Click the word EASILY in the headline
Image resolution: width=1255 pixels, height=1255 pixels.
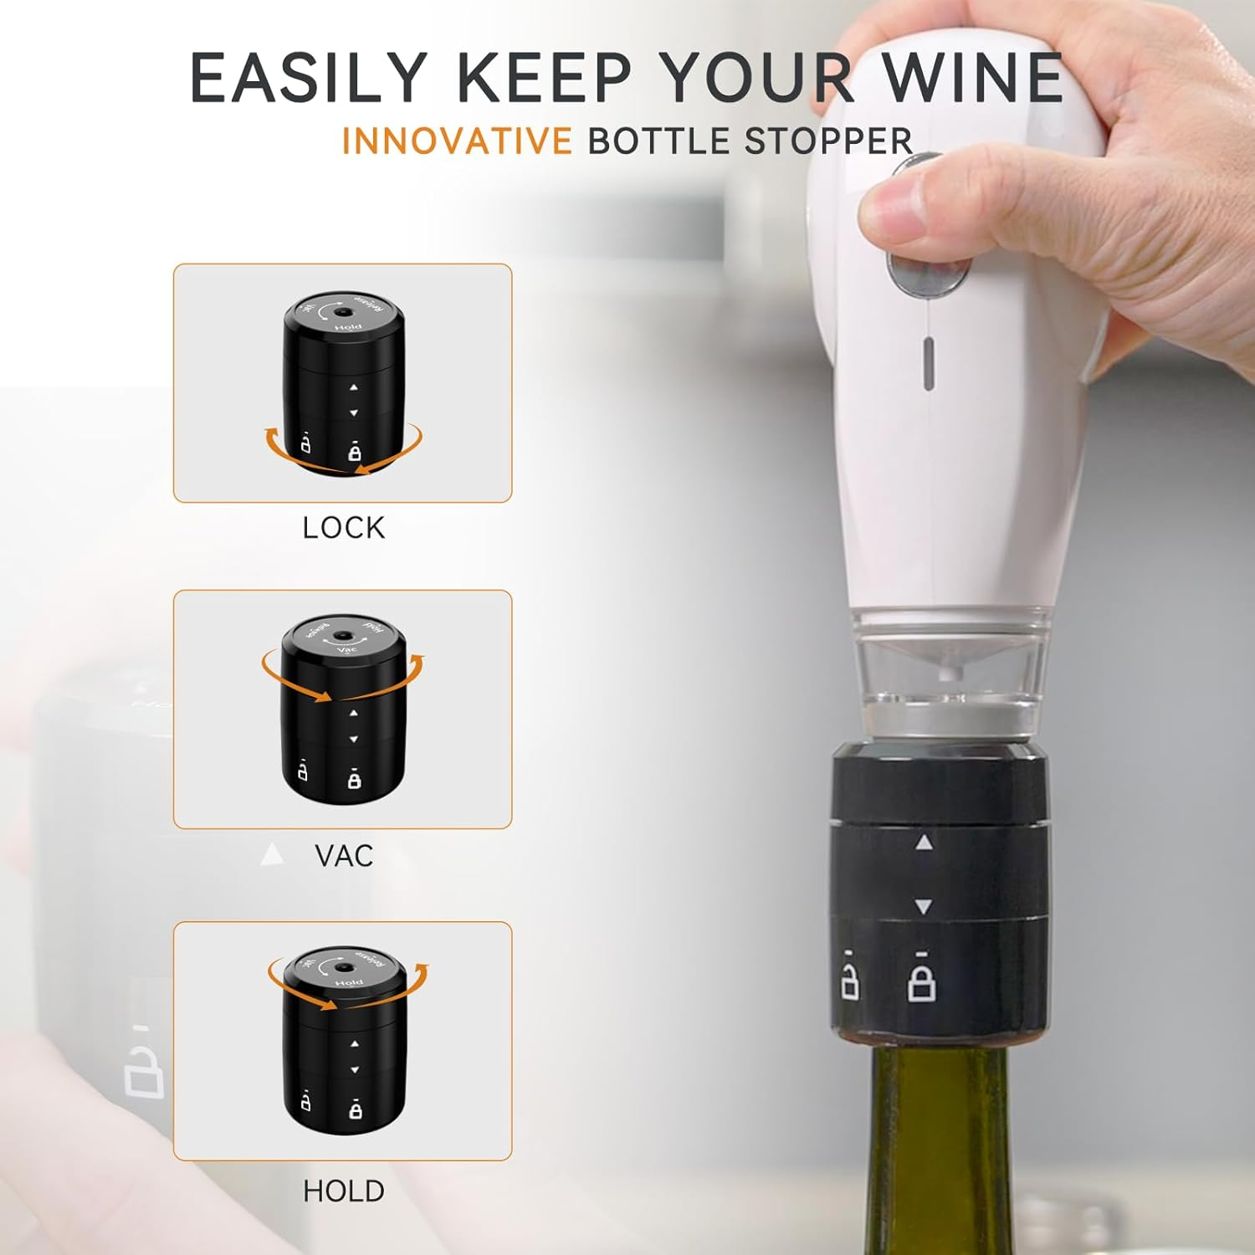click(x=309, y=77)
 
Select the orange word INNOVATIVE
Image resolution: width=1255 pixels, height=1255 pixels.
click(x=457, y=141)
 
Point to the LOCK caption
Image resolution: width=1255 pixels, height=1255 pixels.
click(x=344, y=528)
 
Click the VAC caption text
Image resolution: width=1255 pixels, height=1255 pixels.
click(x=344, y=856)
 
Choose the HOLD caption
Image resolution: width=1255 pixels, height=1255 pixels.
click(x=344, y=1191)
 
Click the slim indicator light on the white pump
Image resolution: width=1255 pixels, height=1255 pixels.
click(x=928, y=364)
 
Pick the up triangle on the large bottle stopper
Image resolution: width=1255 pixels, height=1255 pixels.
click(x=924, y=843)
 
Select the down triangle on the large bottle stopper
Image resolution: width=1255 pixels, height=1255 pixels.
click(x=924, y=906)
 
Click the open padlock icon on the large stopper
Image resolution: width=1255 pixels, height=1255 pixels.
click(x=849, y=980)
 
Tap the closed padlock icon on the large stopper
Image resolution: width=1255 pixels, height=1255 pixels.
click(x=921, y=981)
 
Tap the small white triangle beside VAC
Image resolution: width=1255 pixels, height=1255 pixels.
click(x=272, y=855)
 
